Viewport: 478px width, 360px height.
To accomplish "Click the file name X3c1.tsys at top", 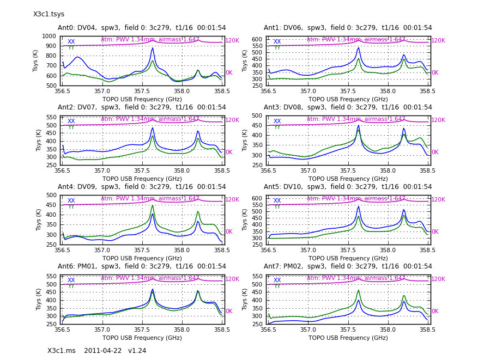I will click(49, 14).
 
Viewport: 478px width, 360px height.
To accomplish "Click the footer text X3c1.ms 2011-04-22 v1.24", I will click(96, 351).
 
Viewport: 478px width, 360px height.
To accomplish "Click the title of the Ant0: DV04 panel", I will click(142, 28).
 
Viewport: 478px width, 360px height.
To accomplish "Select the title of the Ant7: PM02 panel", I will click(348, 266).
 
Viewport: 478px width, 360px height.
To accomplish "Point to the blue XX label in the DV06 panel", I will click(277, 42).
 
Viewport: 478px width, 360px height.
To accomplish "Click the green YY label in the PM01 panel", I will click(71, 286).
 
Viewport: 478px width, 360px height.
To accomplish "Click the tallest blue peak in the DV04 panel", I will click(153, 48).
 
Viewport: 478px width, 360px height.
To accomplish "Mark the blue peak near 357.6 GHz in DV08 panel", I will click(358, 126).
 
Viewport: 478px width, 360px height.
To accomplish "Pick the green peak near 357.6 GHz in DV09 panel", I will click(153, 205).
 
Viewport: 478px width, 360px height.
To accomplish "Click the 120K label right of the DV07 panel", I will click(232, 120).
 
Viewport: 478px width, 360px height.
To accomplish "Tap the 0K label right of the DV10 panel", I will click(435, 232).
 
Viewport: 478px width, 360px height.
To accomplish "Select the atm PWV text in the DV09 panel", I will click(150, 199).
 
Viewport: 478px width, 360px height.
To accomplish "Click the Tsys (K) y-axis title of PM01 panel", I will click(39, 300).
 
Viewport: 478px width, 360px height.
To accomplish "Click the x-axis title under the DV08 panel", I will click(348, 179).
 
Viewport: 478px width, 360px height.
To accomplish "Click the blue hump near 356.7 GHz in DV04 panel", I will click(77, 57).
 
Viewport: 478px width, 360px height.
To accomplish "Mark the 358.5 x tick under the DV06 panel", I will click(427, 91).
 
